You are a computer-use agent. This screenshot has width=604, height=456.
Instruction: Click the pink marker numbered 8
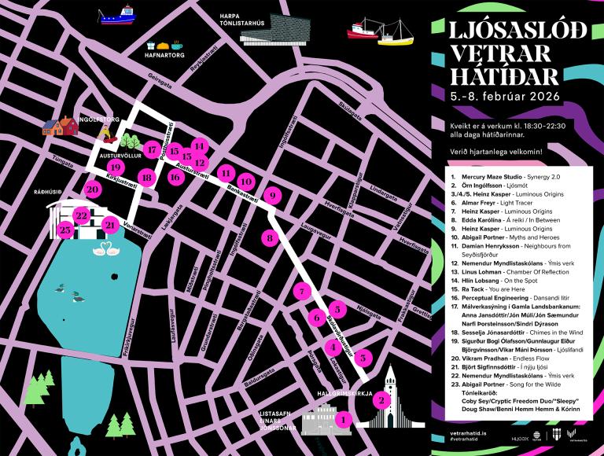271,237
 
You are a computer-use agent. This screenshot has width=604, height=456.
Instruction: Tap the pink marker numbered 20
92,189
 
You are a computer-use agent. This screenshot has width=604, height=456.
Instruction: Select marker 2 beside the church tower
382,400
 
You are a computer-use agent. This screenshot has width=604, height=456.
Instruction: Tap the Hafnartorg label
164,57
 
